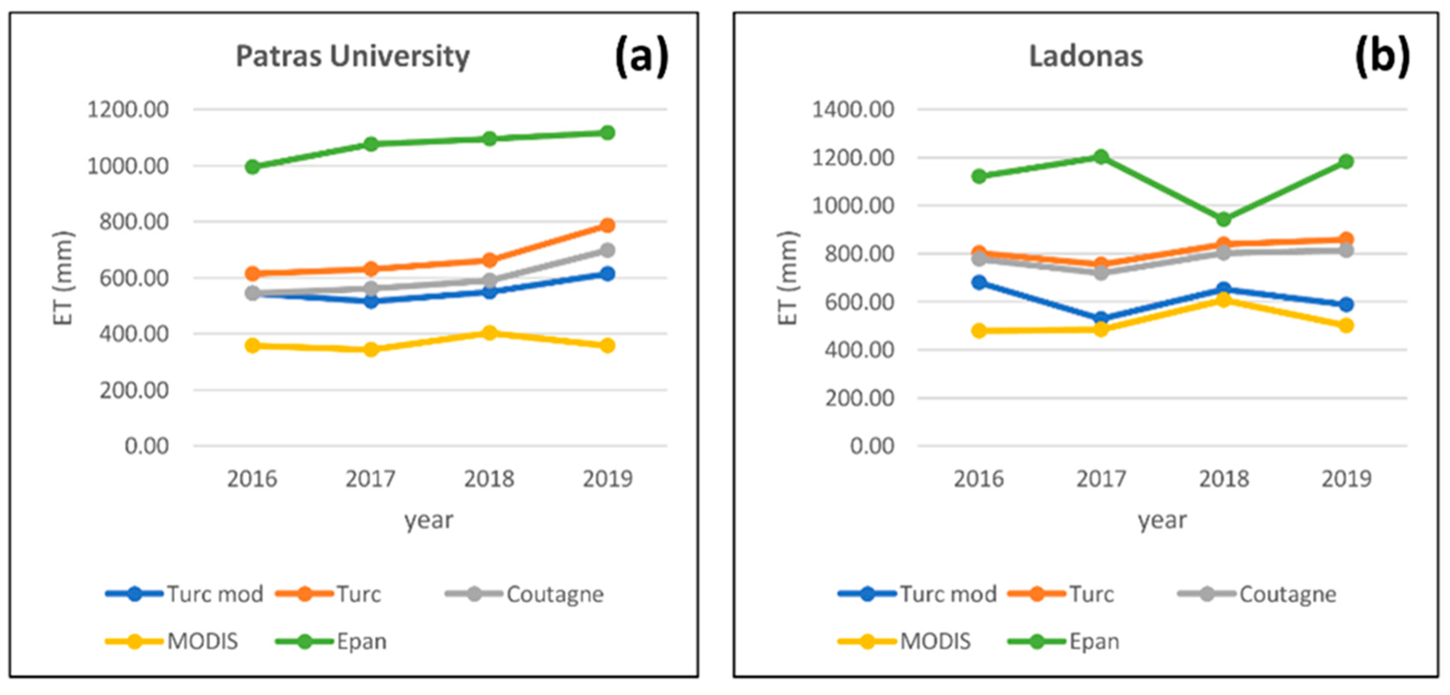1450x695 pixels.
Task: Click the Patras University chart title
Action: [353, 57]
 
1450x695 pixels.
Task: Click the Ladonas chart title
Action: [1086, 57]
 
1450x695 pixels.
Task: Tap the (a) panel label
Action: [642, 56]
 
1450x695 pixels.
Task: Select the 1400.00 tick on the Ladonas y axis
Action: [853, 109]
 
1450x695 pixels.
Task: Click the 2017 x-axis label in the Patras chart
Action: [371, 479]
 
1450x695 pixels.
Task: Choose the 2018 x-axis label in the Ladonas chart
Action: [1224, 479]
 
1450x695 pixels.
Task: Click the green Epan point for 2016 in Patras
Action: [252, 167]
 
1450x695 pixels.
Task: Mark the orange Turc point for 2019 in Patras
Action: [607, 225]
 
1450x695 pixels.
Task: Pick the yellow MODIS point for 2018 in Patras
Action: [489, 333]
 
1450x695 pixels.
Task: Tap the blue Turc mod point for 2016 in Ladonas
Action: [979, 282]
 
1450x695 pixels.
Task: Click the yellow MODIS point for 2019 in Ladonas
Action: [1346, 325]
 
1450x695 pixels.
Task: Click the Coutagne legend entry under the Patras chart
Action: [524, 594]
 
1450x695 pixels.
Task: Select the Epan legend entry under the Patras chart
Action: [331, 642]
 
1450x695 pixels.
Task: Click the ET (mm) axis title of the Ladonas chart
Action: [788, 278]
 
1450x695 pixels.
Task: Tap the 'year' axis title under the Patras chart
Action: [428, 520]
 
